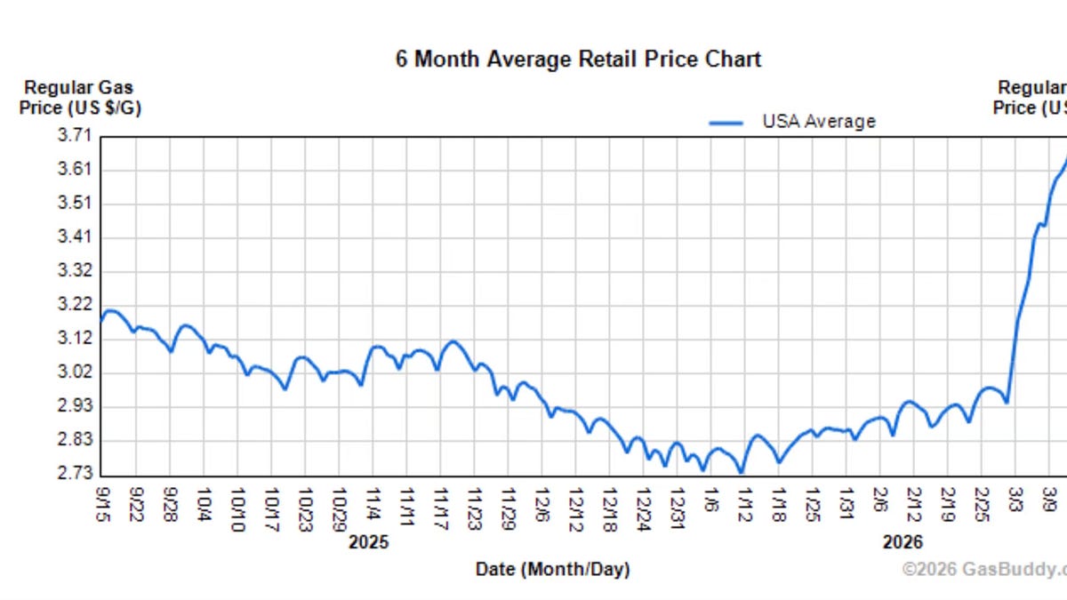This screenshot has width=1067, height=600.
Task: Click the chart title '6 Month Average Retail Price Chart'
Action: pos(578,60)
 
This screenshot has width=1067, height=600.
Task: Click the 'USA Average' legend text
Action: pos(818,122)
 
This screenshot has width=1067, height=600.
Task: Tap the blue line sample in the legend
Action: pos(726,123)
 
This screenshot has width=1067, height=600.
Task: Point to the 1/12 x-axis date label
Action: pos(744,504)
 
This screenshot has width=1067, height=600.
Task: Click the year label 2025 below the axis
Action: pos(369,542)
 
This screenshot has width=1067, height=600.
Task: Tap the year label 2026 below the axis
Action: pos(903,542)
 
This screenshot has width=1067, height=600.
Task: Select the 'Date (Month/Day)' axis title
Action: pos(552,570)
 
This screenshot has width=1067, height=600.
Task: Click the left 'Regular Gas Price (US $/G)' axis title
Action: pos(80,98)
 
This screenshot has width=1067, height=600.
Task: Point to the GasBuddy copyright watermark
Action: pos(983,569)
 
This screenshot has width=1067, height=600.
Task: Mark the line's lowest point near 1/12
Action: pos(742,472)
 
